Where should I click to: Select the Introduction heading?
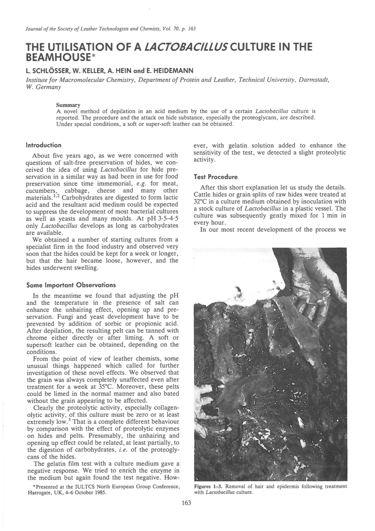pos(44,145)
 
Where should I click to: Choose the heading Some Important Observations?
pos(71,284)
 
